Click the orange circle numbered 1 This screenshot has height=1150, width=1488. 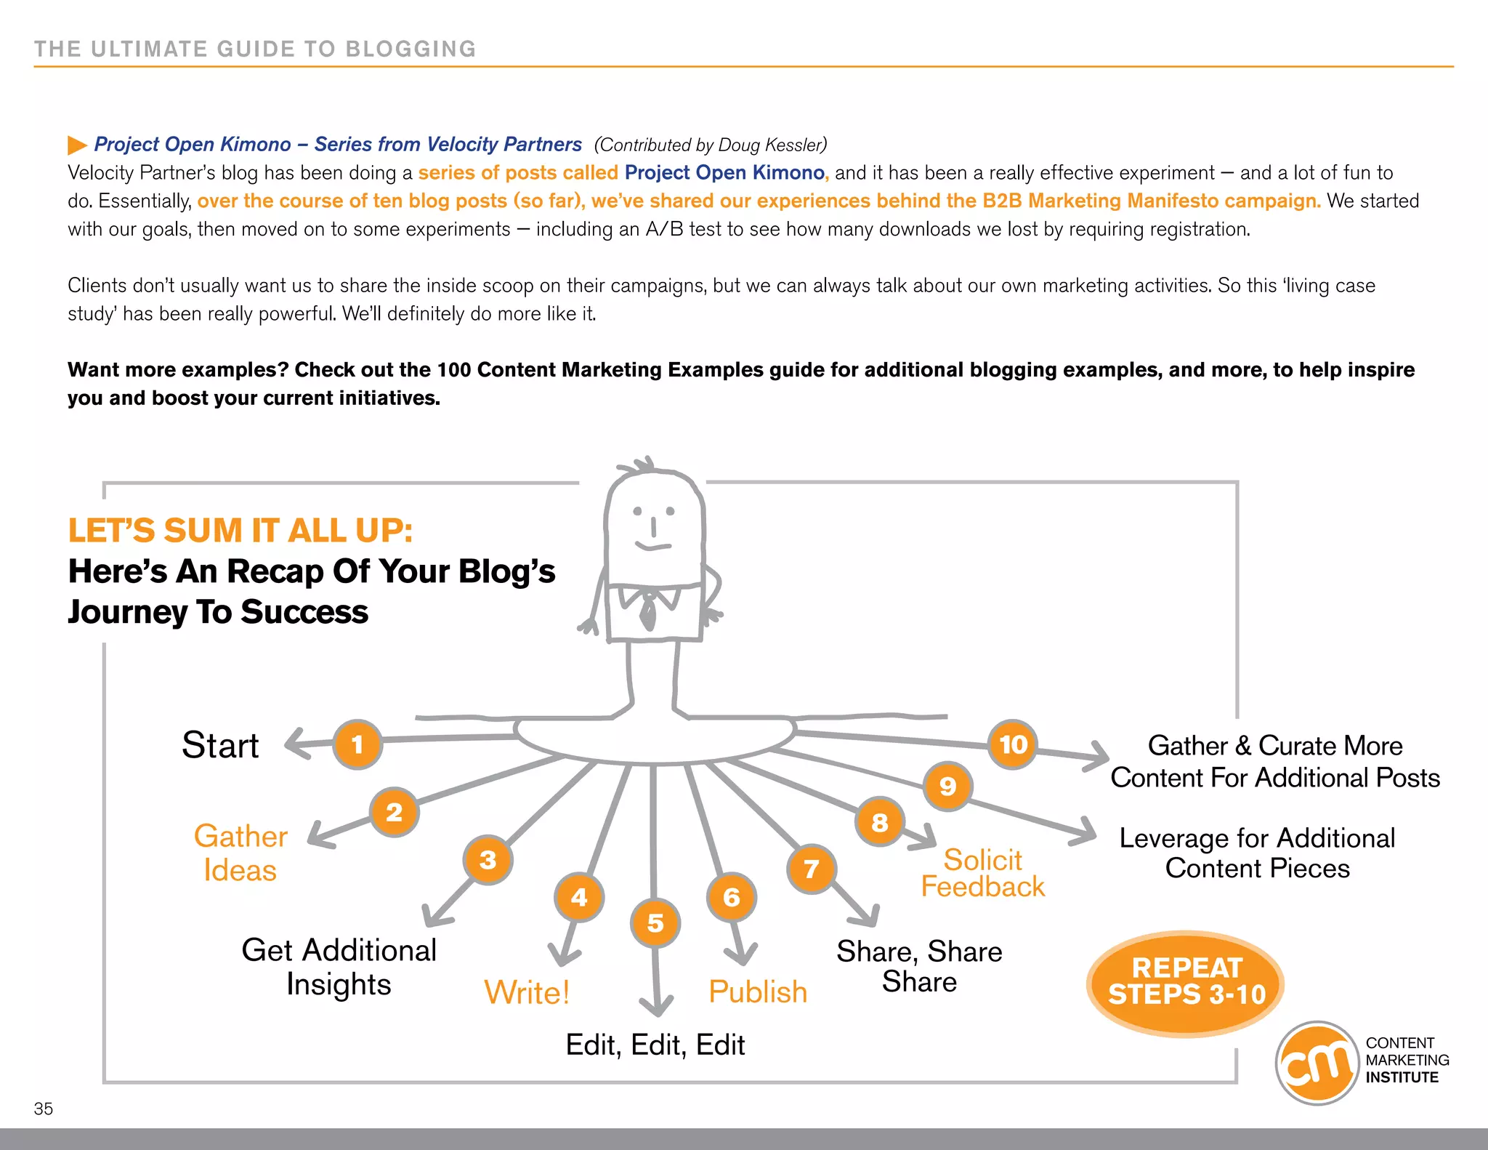click(357, 744)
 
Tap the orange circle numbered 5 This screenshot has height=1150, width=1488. click(655, 923)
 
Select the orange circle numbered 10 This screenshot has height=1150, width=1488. click(1013, 744)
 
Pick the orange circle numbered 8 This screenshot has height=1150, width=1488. click(879, 822)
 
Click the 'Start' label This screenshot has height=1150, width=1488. click(220, 746)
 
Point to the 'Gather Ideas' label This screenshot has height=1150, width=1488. click(240, 853)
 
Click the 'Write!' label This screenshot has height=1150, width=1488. click(527, 992)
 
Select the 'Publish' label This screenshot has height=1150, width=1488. click(758, 992)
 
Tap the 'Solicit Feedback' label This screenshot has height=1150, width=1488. click(982, 873)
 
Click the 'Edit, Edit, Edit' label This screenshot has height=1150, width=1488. click(655, 1045)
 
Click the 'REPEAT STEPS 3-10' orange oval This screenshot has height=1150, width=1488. click(1186, 982)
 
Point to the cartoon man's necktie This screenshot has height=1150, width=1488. click(647, 611)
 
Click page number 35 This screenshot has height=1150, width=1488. click(44, 1109)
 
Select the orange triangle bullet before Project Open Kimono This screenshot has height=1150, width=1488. click(76, 145)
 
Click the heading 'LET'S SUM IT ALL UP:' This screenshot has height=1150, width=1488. click(240, 531)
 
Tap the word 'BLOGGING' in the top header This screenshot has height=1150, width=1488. click(411, 49)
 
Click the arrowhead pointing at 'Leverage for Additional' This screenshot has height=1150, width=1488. click(1087, 832)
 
